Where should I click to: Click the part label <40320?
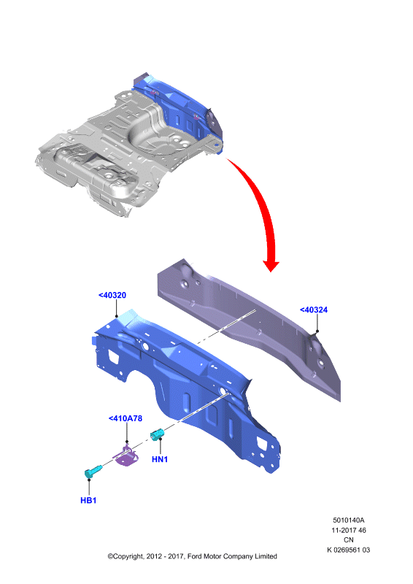click(x=112, y=295)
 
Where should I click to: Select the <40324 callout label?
click(x=314, y=310)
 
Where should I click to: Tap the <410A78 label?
click(x=125, y=418)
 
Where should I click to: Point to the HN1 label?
click(x=160, y=459)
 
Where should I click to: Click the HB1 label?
click(x=88, y=500)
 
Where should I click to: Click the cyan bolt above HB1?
click(x=93, y=472)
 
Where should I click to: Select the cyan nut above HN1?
click(x=158, y=434)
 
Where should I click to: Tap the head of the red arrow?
click(x=271, y=265)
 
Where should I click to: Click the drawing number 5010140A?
click(x=349, y=520)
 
